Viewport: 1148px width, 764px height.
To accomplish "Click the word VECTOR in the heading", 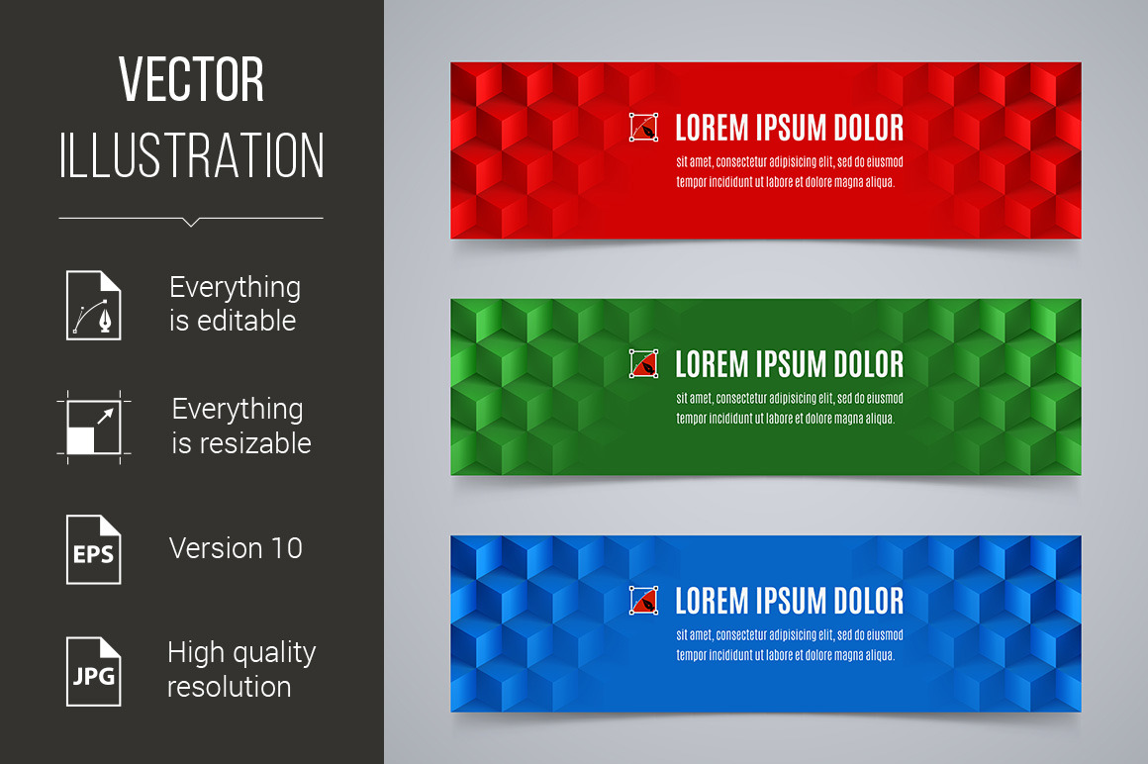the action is (x=191, y=79).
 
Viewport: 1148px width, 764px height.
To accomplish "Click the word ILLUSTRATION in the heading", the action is (x=191, y=155).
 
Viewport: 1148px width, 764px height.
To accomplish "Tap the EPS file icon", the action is (x=94, y=549).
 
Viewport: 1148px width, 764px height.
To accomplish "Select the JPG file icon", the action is (x=94, y=671).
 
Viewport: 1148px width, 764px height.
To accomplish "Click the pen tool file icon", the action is (x=94, y=305).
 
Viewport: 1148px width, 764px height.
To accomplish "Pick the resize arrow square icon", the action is (x=94, y=428).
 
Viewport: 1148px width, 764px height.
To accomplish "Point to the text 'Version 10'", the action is (x=236, y=548).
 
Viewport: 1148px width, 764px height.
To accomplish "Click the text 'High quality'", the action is (x=241, y=653).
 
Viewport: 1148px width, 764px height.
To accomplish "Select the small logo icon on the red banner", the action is (x=643, y=128).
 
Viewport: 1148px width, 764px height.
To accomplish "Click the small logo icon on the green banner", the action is (x=643, y=364).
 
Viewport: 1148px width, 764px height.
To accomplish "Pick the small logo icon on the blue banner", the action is (x=643, y=601).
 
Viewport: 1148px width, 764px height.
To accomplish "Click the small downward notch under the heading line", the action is (x=191, y=222).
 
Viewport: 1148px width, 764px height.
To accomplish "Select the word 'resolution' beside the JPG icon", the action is (x=230, y=687).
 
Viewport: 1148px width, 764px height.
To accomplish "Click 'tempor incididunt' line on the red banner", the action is (x=785, y=182).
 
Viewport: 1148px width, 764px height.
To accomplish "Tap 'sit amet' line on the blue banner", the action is (x=790, y=635).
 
